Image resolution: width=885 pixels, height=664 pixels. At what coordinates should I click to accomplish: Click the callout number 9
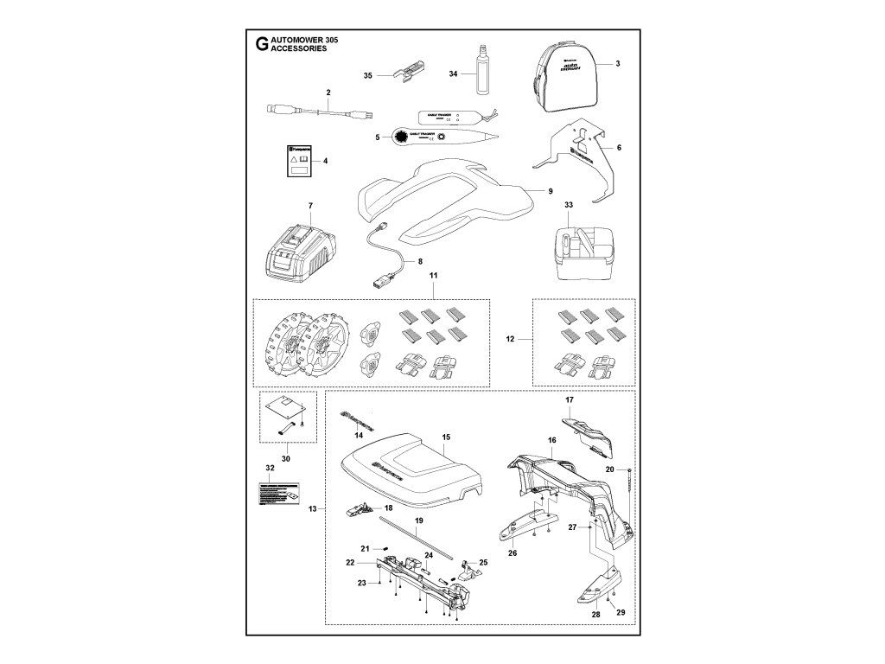550,191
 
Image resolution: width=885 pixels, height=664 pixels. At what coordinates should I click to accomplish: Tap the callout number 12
511,341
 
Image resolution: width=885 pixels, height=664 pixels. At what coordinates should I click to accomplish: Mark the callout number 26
511,553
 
